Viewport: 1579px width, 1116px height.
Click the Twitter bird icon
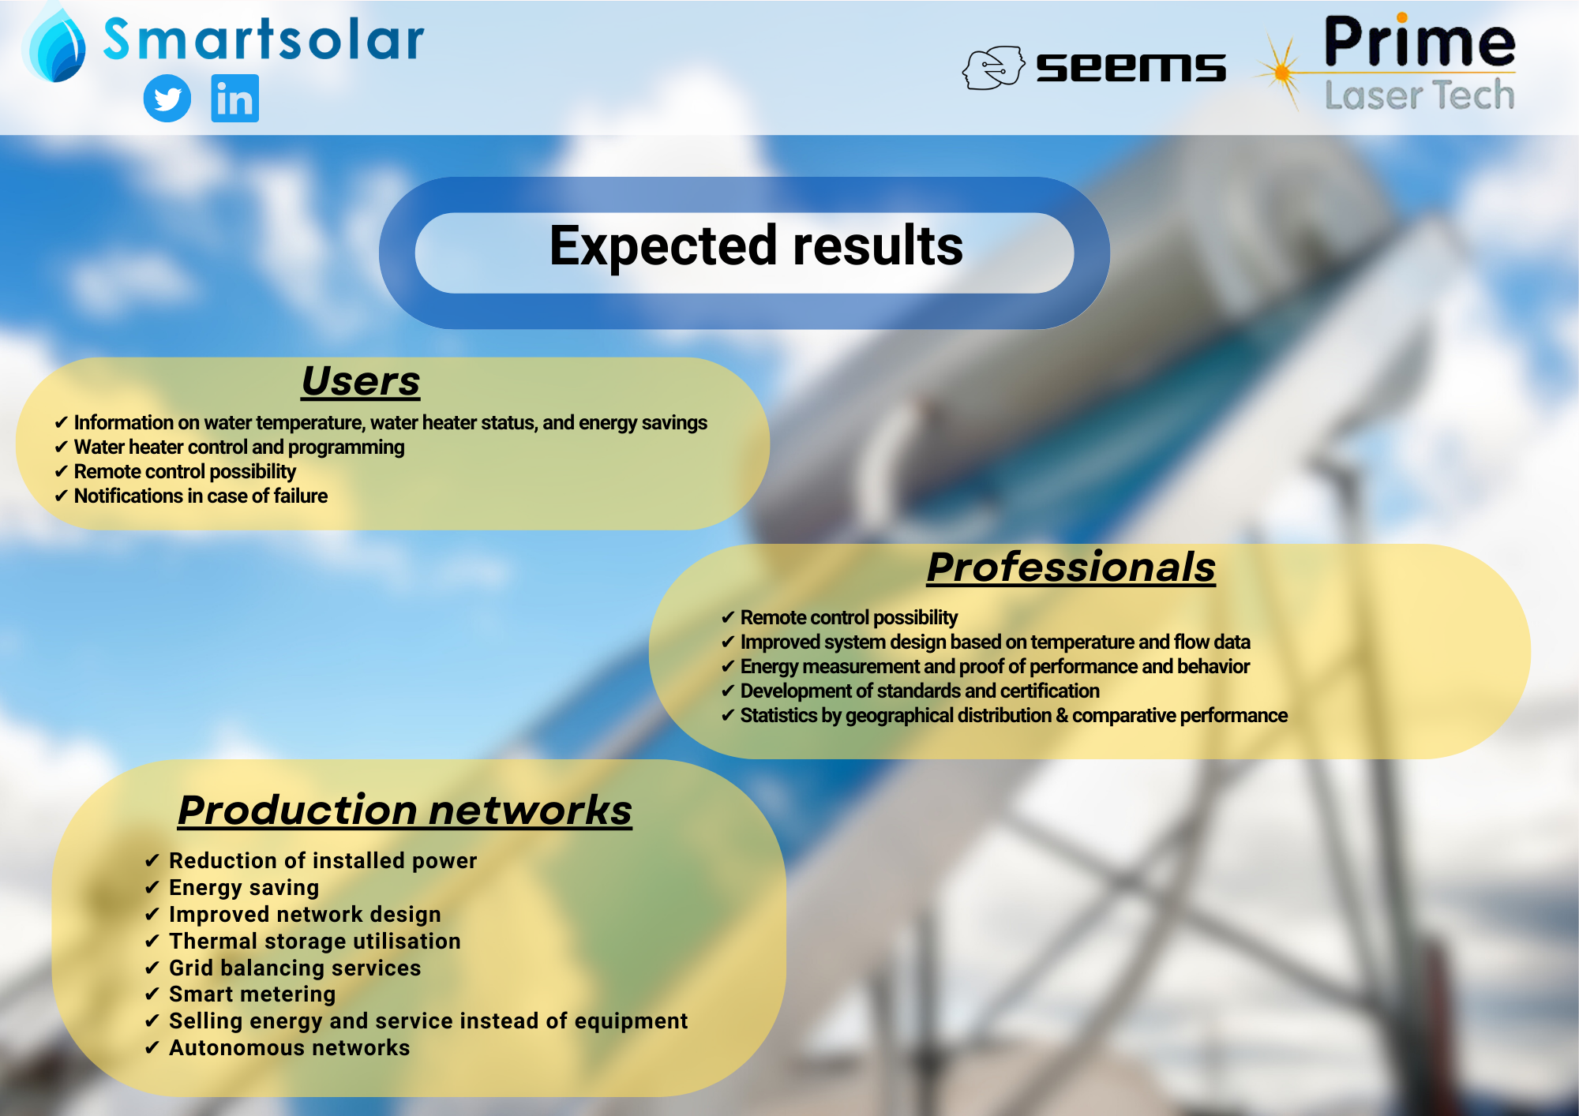(x=167, y=99)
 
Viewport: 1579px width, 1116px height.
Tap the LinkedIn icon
(x=234, y=99)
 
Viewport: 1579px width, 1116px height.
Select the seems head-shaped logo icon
(x=993, y=67)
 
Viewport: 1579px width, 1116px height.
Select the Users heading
(x=361, y=381)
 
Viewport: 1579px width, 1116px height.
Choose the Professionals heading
(x=1071, y=567)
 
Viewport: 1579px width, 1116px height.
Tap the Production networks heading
(x=405, y=810)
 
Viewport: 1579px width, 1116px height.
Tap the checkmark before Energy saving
(x=152, y=888)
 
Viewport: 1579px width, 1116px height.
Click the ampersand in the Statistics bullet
(x=1062, y=715)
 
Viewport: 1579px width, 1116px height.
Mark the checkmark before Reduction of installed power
(x=152, y=861)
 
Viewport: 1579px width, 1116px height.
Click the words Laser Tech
(x=1420, y=95)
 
